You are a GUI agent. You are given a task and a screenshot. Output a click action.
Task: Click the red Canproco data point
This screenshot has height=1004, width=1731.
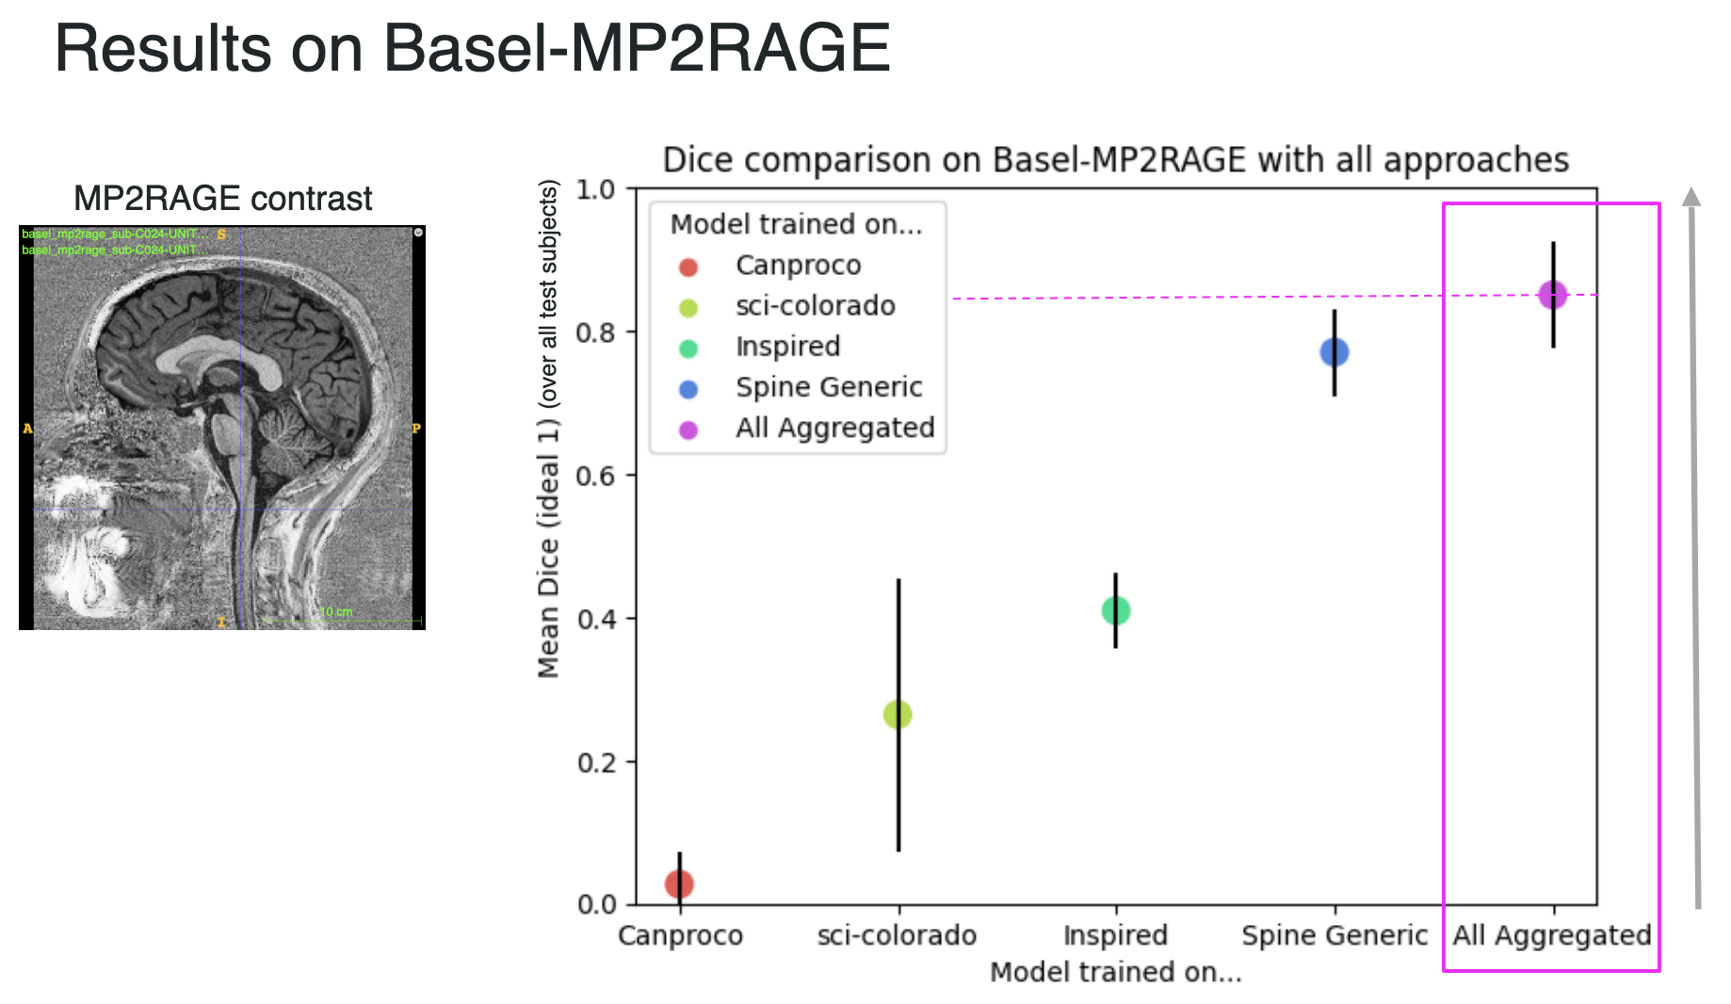pos(679,883)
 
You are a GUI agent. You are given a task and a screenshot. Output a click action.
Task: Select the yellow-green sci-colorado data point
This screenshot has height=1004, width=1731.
pos(898,715)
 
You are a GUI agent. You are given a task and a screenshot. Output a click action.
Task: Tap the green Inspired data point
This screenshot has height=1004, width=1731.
pos(1116,610)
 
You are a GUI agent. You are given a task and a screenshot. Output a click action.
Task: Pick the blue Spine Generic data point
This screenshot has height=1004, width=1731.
pos(1335,352)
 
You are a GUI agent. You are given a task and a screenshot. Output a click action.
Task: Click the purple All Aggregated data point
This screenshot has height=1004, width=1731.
pos(1552,295)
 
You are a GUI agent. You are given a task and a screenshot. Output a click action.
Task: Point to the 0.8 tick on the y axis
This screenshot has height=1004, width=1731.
pos(597,332)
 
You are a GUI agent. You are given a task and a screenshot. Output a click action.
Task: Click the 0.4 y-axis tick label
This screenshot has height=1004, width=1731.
pos(597,619)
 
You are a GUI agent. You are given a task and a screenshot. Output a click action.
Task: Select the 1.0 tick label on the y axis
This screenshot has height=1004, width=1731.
pos(597,189)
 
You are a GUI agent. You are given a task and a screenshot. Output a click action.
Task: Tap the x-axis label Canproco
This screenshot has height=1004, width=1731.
pos(680,935)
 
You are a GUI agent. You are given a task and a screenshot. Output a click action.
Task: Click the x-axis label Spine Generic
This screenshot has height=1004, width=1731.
pos(1335,935)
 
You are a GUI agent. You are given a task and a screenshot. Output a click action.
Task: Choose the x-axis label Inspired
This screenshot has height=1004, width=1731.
pos(1116,935)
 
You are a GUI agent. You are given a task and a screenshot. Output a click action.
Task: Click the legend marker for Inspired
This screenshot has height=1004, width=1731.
pos(688,348)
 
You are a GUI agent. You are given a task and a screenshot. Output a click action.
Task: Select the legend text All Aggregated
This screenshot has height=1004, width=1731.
pos(835,429)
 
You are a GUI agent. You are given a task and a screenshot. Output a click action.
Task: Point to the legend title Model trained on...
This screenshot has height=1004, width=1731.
pos(796,224)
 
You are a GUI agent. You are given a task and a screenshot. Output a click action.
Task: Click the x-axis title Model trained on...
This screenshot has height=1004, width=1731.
pos(1116,972)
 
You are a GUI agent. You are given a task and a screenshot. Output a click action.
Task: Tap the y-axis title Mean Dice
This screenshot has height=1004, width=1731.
pos(548,429)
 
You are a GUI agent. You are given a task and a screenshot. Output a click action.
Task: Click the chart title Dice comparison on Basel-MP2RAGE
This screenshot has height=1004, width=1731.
pos(1116,160)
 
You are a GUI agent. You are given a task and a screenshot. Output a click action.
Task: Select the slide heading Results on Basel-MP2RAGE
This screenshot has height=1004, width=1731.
pos(473,48)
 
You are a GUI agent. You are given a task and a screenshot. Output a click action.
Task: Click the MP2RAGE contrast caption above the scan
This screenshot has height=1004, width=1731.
pos(223,199)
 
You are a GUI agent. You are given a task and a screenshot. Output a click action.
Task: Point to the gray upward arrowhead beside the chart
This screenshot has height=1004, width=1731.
pos(1691,196)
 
